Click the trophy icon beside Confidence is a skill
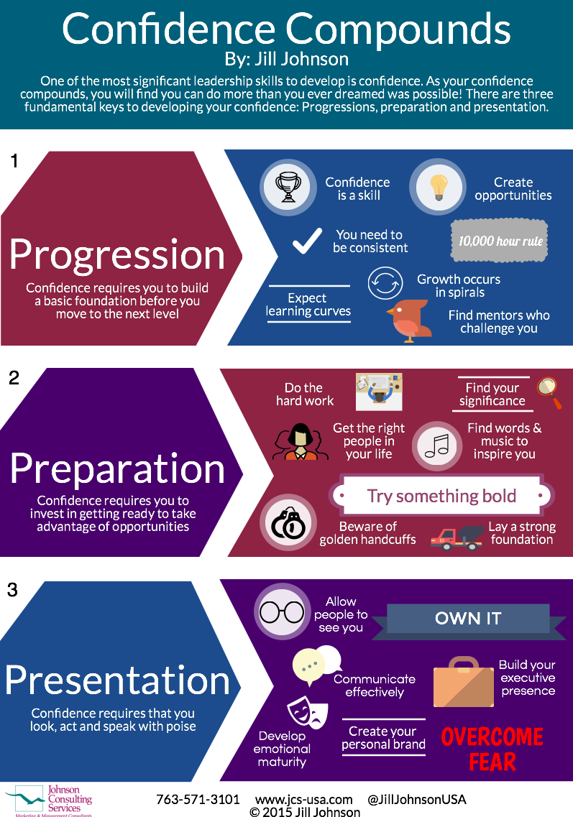[x=288, y=187]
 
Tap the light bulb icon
[x=438, y=187]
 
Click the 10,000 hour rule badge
[x=500, y=241]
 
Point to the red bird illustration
[x=410, y=320]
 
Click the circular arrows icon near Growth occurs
[x=385, y=283]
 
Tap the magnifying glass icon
[x=549, y=392]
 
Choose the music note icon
[x=437, y=446]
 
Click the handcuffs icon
[x=288, y=522]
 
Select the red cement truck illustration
[x=457, y=540]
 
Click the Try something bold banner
[x=441, y=496]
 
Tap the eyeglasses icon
[x=282, y=611]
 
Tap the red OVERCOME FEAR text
[x=492, y=749]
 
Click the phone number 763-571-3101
[x=198, y=799]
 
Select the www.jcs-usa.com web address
[x=304, y=800]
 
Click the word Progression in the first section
[x=116, y=255]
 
